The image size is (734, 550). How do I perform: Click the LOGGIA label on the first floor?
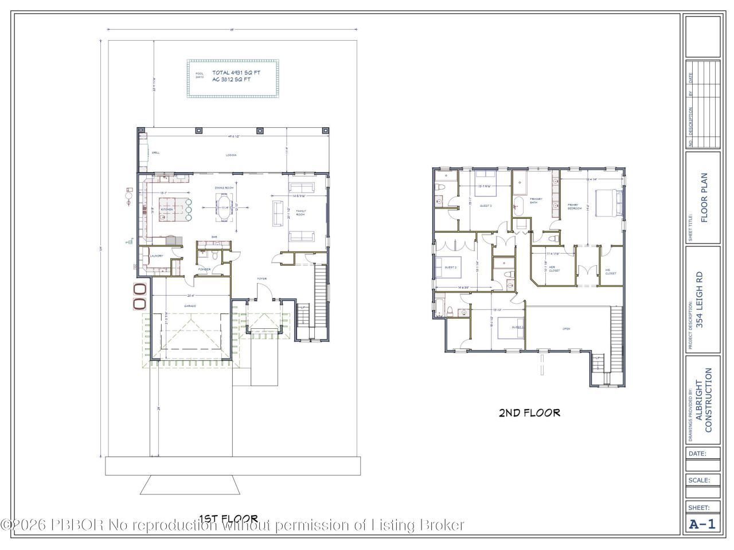[231, 155]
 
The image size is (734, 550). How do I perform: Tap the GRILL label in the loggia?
[155, 152]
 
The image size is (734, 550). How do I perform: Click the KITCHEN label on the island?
[167, 210]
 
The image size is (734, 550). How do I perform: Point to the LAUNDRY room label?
[157, 256]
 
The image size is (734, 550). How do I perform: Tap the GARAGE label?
[190, 306]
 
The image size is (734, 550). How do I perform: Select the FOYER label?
[262, 279]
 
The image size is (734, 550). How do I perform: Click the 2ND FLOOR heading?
[529, 412]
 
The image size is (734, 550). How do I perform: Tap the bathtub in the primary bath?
[518, 205]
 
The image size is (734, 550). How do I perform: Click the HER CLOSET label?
[554, 269]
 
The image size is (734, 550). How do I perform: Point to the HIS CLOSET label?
[611, 272]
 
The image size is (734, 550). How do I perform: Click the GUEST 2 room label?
[450, 267]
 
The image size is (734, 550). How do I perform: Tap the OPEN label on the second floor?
[566, 329]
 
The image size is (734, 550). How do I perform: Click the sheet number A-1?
[702, 524]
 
